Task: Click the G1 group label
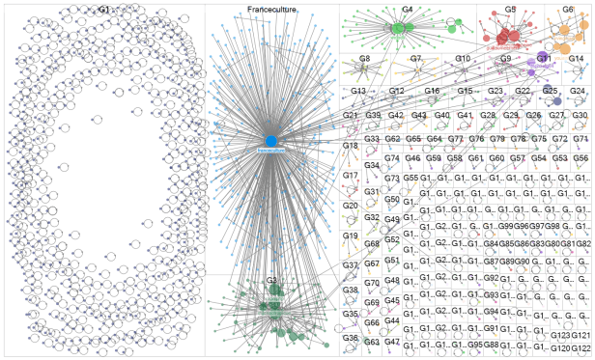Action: (103, 9)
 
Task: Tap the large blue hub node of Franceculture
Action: (271, 141)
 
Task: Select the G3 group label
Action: (272, 280)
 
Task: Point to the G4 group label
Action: (408, 9)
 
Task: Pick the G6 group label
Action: (567, 9)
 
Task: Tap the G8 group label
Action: (364, 59)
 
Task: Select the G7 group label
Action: (415, 59)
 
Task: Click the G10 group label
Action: (463, 59)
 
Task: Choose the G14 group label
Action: (577, 59)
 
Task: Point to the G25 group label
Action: (550, 91)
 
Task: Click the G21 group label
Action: (351, 116)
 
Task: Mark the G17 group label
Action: (350, 175)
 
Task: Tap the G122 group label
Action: (581, 346)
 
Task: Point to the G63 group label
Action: (372, 342)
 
